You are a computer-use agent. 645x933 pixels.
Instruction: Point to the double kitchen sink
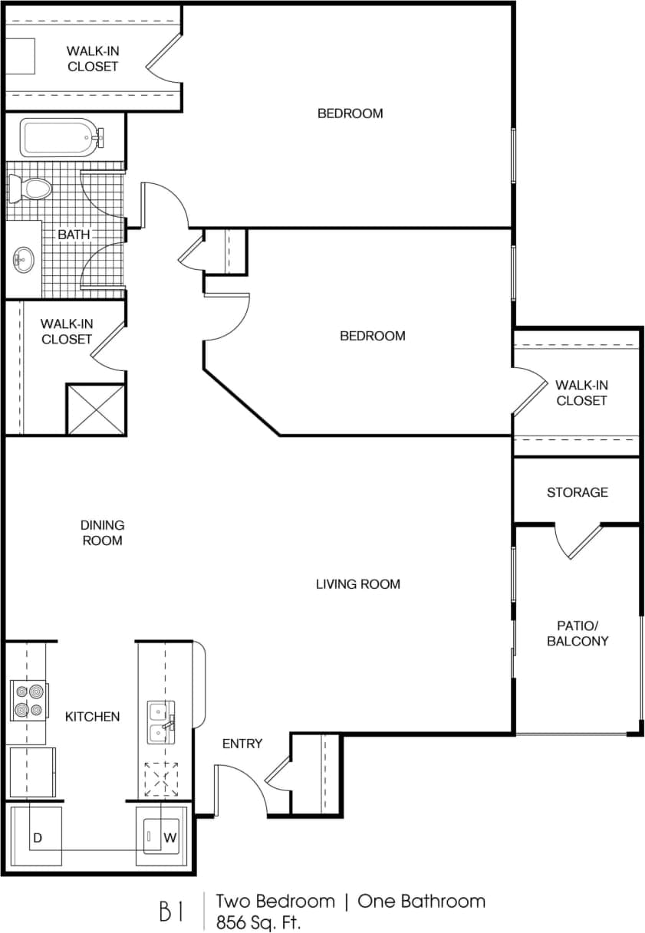click(x=161, y=722)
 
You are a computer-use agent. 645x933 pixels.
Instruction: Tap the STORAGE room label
click(x=577, y=492)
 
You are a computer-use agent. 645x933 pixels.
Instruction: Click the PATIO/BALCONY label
click(x=578, y=632)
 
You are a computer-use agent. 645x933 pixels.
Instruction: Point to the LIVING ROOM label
click(x=358, y=584)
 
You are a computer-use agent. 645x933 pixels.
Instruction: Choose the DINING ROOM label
click(x=102, y=533)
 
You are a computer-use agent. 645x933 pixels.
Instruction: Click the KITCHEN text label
click(x=92, y=717)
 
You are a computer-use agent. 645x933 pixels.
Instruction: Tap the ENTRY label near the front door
click(x=242, y=744)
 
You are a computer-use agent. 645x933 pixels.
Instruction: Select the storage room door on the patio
click(x=579, y=540)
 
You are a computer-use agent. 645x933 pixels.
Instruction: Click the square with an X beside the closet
click(x=96, y=410)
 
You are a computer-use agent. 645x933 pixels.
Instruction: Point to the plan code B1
click(x=172, y=911)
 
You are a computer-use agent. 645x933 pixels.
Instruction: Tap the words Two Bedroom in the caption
click(x=275, y=901)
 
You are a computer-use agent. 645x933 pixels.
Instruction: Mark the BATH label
click(x=74, y=235)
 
